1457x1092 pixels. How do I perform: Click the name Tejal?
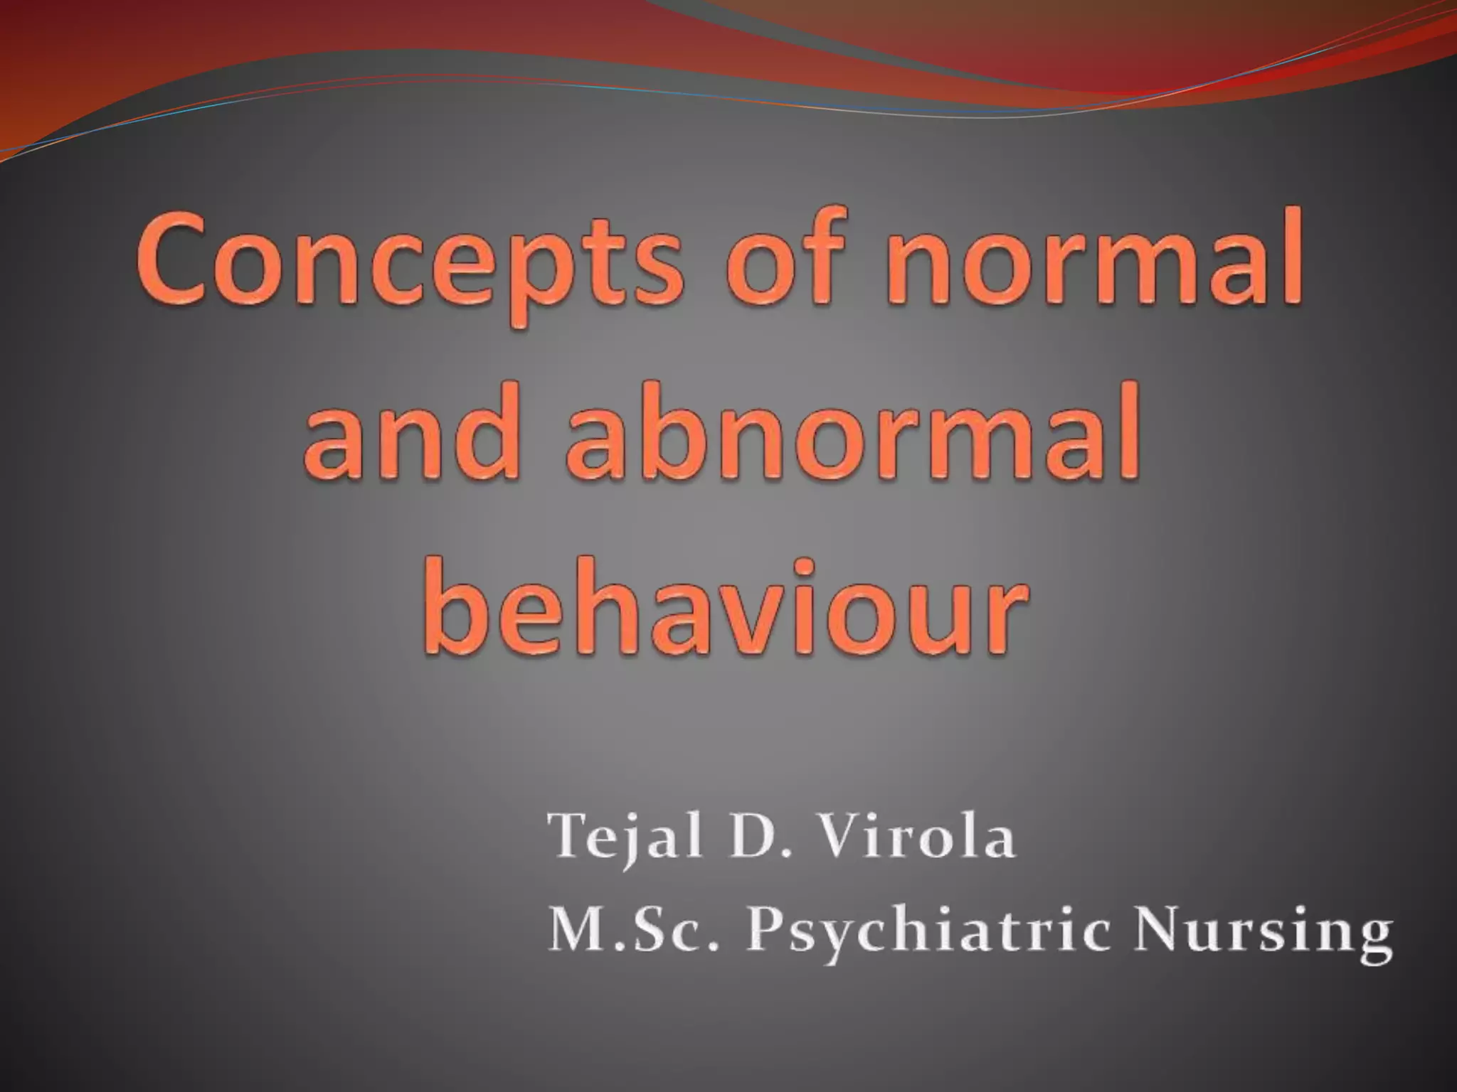(x=627, y=837)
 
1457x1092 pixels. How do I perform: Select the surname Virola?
(x=918, y=837)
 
